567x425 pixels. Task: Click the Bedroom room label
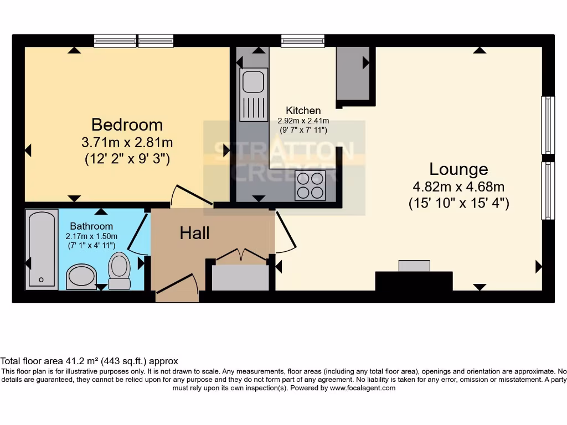tap(127, 124)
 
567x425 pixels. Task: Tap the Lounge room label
tap(458, 169)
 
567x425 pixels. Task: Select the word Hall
tap(194, 233)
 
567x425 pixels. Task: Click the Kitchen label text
tap(303, 111)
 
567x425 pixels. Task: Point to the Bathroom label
tap(91, 226)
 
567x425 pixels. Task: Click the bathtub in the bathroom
tap(42, 249)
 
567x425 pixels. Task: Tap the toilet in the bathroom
tap(119, 270)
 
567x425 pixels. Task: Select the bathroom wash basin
tap(81, 276)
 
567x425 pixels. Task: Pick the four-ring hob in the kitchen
tap(310, 186)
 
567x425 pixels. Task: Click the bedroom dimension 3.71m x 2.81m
tap(127, 142)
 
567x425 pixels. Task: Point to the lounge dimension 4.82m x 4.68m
tap(458, 186)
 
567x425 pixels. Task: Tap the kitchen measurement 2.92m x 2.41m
tap(303, 121)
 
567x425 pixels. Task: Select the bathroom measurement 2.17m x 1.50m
tap(91, 236)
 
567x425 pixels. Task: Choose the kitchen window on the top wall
tap(303, 41)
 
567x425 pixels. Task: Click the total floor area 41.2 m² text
tap(89, 361)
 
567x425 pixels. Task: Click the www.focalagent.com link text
tap(363, 388)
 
